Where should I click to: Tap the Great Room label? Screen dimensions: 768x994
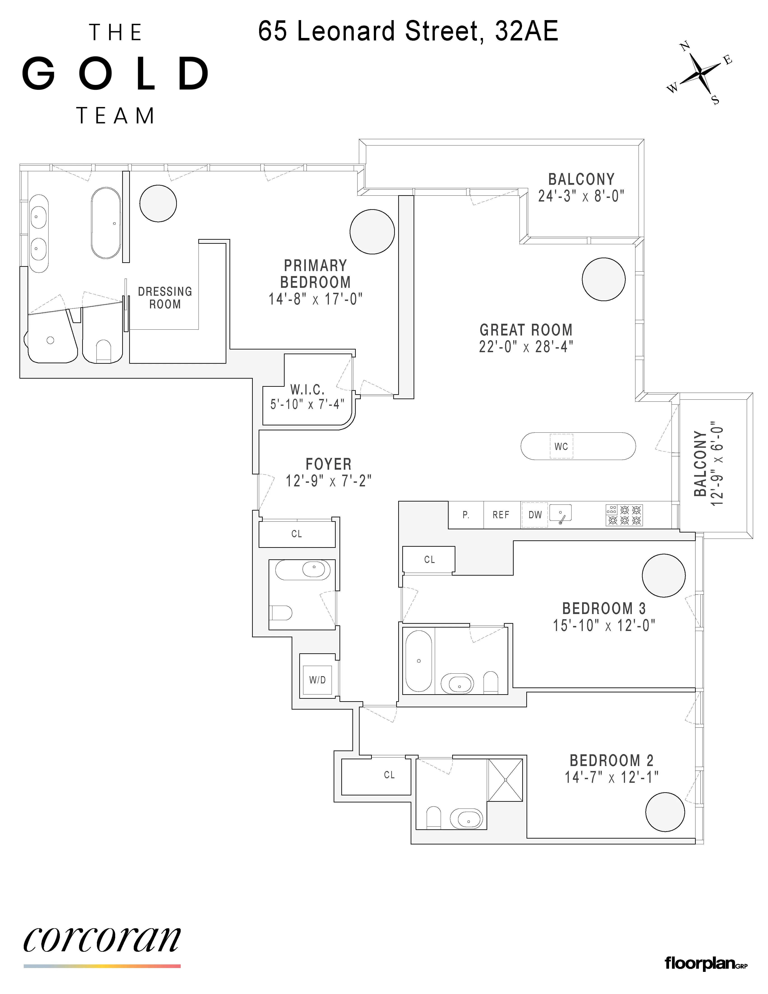(x=526, y=330)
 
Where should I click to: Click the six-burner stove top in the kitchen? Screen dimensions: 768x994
(x=624, y=515)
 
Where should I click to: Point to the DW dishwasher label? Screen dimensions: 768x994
(x=535, y=515)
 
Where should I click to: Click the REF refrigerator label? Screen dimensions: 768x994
(x=501, y=515)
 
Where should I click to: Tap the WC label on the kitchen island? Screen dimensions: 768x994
(x=561, y=446)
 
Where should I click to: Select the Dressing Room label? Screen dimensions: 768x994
(x=165, y=298)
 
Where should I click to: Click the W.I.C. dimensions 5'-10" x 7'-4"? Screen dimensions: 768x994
(x=307, y=404)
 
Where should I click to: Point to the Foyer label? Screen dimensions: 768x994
(x=328, y=464)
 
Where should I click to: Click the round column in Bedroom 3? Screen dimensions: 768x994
(x=664, y=576)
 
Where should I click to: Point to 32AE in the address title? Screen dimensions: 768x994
(x=526, y=31)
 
